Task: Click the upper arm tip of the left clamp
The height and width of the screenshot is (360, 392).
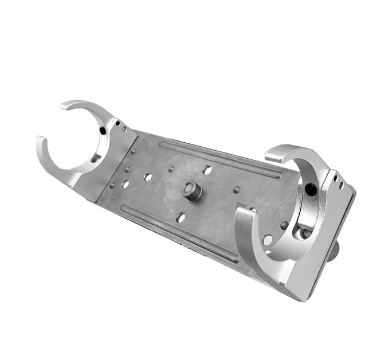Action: click(x=65, y=105)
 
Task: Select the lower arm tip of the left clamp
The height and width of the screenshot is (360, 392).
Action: click(x=40, y=141)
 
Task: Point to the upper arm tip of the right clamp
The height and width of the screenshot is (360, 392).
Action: click(x=269, y=153)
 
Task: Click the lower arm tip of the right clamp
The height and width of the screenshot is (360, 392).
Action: click(x=241, y=213)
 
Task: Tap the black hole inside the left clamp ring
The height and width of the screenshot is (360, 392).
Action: click(x=103, y=131)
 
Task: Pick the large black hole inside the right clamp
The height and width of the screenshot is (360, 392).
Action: click(x=310, y=189)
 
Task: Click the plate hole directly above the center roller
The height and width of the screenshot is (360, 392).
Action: click(x=207, y=170)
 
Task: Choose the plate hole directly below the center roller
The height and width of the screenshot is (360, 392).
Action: click(x=181, y=217)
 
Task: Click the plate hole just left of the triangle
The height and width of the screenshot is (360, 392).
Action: click(x=148, y=177)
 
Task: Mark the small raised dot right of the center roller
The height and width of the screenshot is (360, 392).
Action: click(x=236, y=190)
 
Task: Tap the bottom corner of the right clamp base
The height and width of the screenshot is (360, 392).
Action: click(x=303, y=299)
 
